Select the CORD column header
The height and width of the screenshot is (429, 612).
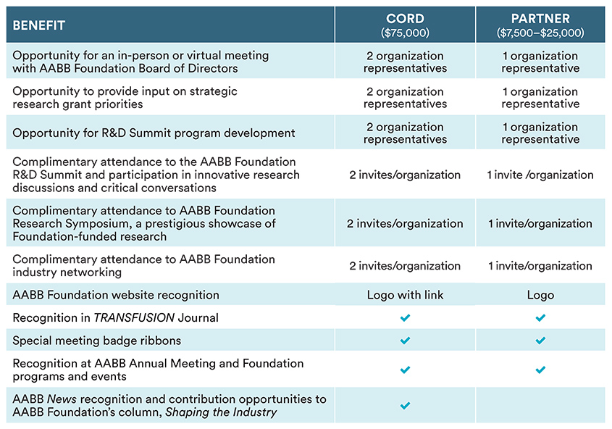pos(405,18)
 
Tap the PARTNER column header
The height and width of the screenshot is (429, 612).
pos(540,18)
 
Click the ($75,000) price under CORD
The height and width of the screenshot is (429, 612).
pos(405,33)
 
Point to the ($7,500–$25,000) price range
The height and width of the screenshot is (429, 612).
pos(540,33)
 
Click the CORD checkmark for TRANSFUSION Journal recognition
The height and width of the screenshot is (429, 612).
pos(405,317)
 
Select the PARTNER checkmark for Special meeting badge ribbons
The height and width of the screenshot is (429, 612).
pos(540,341)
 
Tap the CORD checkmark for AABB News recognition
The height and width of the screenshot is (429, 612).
pos(405,406)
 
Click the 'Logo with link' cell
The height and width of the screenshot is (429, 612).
pos(405,295)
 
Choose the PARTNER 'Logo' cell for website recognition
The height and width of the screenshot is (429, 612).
pos(540,295)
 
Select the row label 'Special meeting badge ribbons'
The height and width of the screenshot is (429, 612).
pos(97,341)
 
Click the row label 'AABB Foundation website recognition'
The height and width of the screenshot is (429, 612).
pos(116,295)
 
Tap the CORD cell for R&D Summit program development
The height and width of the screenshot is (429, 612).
pos(405,133)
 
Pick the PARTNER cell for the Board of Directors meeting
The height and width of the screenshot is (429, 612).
pos(540,62)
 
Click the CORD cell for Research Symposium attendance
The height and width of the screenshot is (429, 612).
pos(405,223)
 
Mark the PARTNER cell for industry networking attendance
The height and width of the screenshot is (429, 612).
pos(540,266)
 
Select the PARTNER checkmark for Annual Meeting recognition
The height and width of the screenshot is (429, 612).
pos(540,370)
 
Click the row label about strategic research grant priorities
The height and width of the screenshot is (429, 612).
pos(125,97)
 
